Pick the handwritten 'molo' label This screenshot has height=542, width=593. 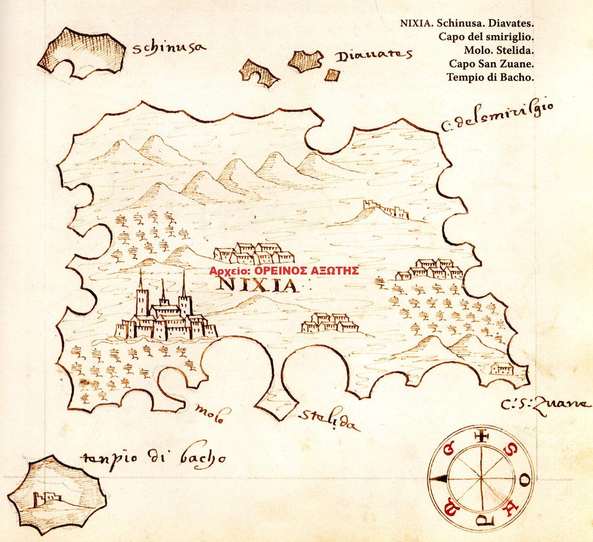208,415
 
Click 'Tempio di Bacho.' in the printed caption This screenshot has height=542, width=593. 490,77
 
